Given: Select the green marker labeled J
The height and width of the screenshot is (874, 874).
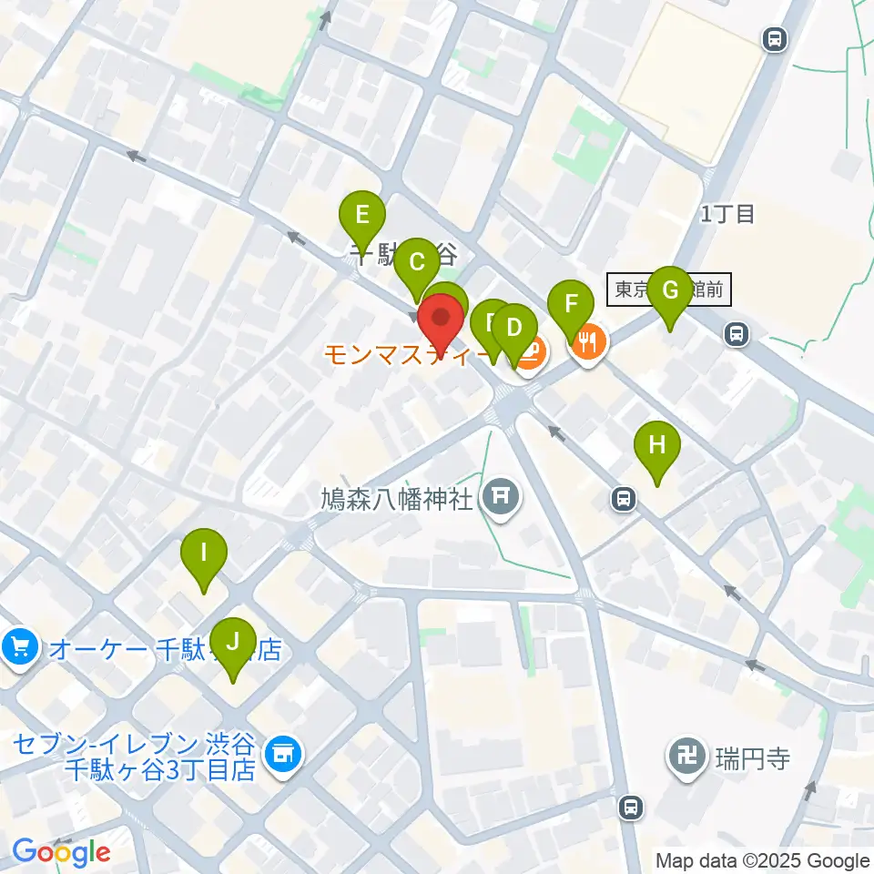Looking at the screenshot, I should [233, 644].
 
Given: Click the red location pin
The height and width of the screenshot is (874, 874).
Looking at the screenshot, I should [442, 323].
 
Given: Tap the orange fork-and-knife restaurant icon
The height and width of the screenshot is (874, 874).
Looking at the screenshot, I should [588, 343].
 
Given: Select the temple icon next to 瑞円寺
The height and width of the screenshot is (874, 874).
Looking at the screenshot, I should [684, 755].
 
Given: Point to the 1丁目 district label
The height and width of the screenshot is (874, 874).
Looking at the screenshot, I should [727, 215].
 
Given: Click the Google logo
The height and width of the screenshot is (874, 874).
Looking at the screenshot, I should [61, 853].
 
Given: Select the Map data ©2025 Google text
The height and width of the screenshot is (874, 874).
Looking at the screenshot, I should [763, 860].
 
